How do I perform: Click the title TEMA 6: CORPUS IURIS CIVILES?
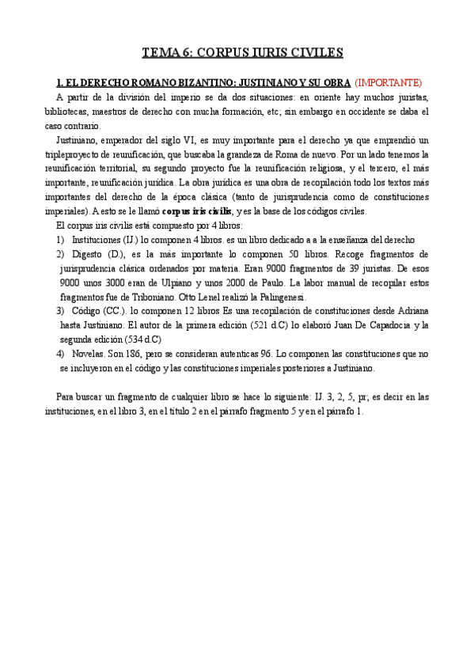pos(241,53)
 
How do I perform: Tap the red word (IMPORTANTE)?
pos(388,82)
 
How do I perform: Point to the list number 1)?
pos(61,240)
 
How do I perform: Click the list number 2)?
pos(61,254)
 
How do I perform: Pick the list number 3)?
pos(61,311)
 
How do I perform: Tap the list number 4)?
pos(61,354)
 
